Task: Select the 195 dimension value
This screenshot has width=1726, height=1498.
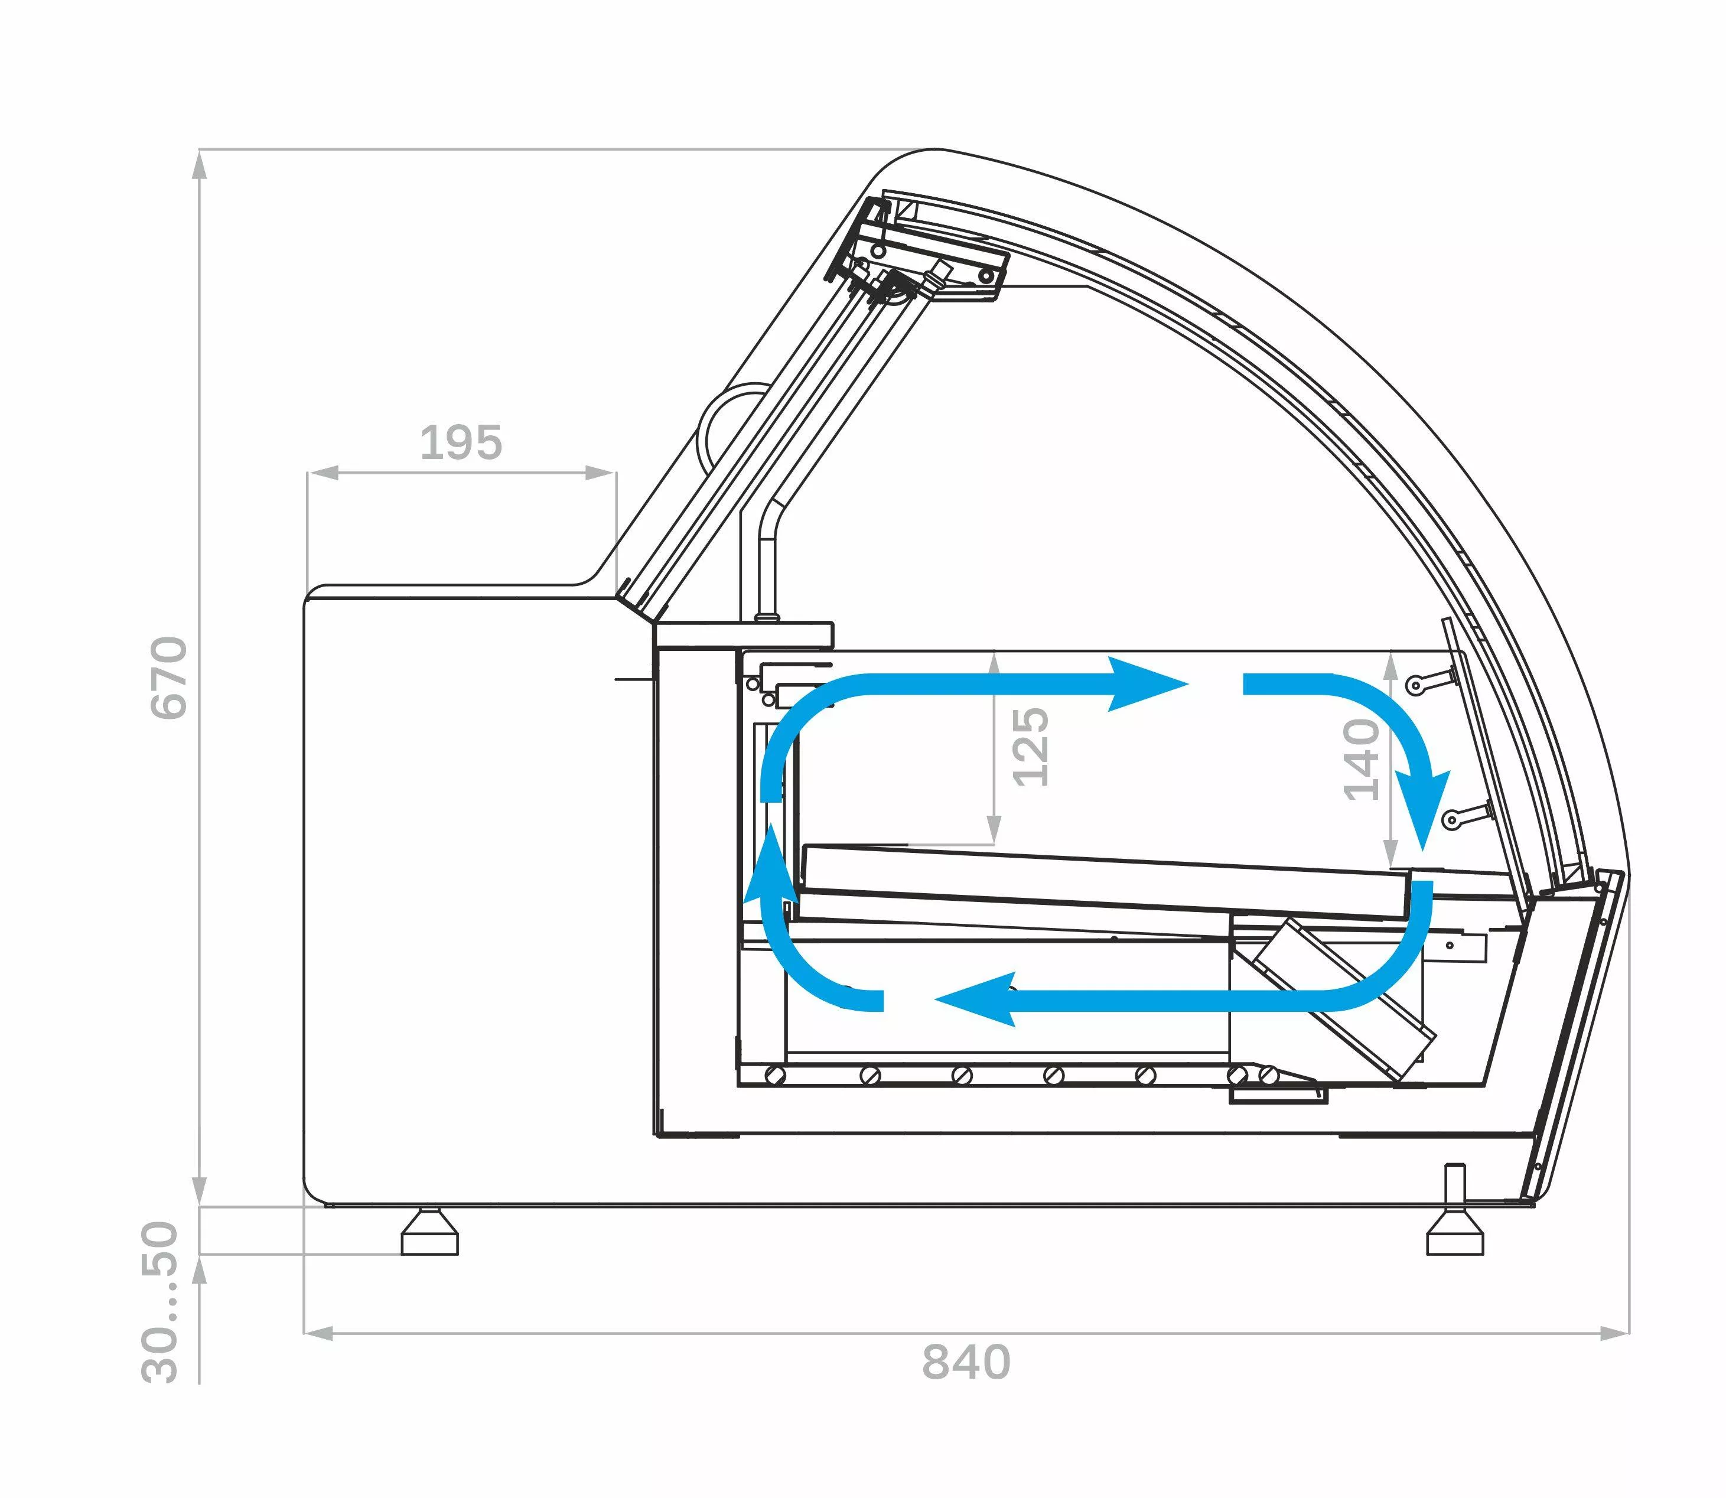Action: [x=461, y=442]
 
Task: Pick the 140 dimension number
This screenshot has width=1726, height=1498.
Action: [x=1361, y=759]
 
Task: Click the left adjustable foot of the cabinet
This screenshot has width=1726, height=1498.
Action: [x=429, y=1232]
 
